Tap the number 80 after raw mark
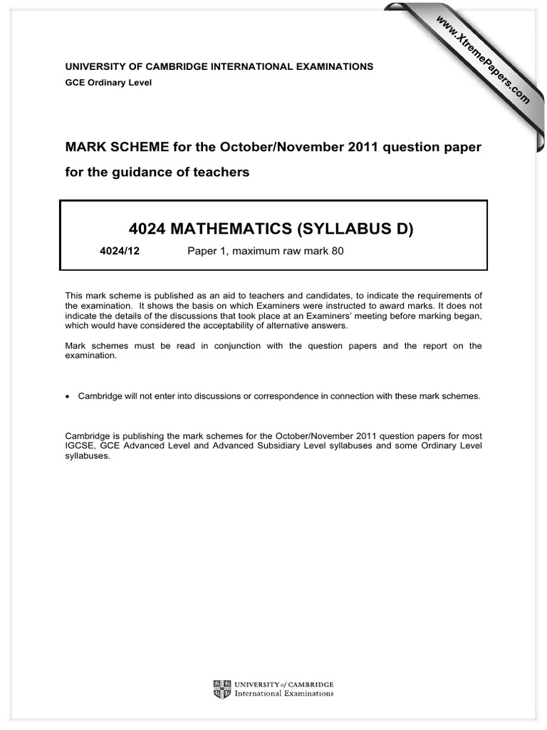coord(337,251)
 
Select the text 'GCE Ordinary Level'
coord(108,83)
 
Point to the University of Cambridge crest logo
coord(222,689)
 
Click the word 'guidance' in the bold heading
coord(143,173)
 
